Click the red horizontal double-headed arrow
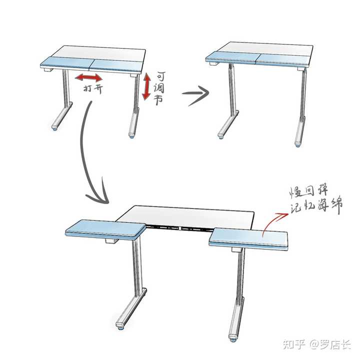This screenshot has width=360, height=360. point(88,78)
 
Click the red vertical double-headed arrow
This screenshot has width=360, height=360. point(146,86)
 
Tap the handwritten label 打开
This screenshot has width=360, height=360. point(93,88)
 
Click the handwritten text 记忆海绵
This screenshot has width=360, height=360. point(316,206)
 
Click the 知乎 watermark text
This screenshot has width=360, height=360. point(294,344)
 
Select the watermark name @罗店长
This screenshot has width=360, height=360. point(330,344)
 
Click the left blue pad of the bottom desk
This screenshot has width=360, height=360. point(105,229)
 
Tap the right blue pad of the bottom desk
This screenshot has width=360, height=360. point(248,239)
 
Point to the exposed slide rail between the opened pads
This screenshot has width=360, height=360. point(179,228)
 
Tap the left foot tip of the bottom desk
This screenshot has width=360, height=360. point(120,325)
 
